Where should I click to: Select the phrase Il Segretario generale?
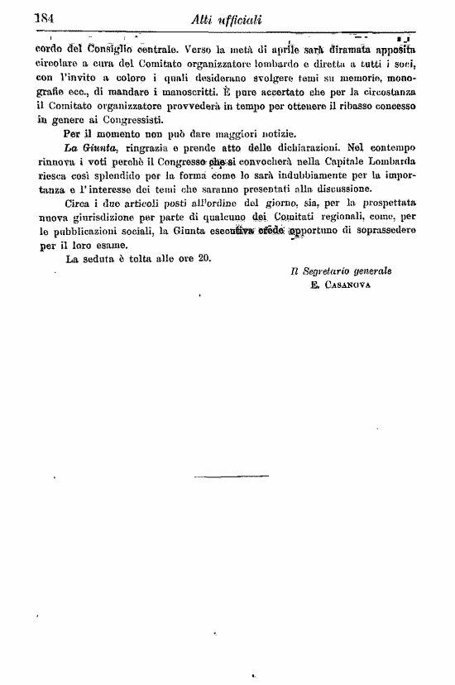341,271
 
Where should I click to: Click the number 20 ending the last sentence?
204,257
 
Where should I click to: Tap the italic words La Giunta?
90,146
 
